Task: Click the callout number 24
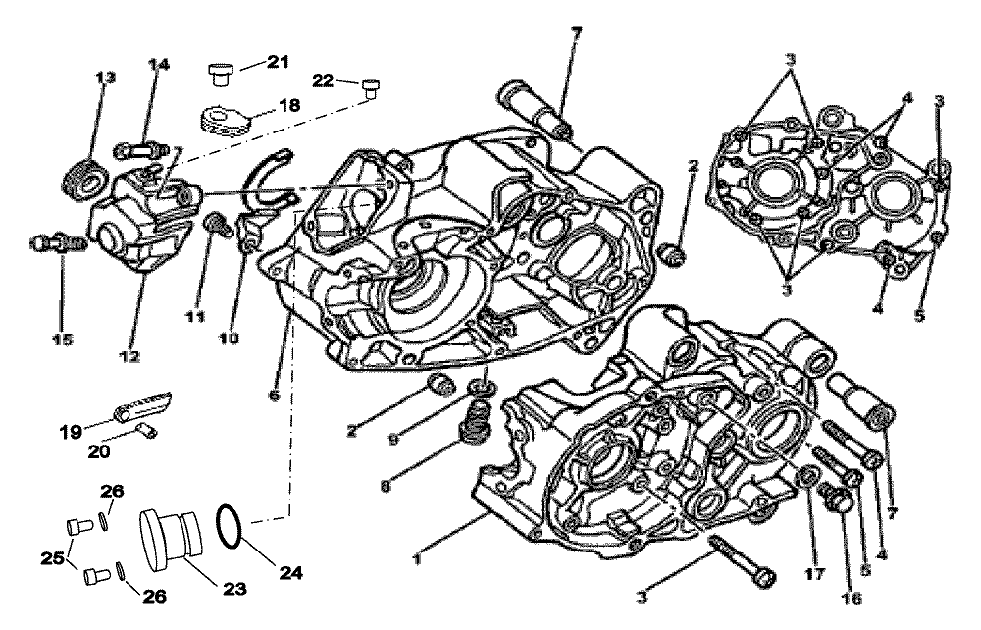tap(290, 572)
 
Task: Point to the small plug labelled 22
tap(371, 88)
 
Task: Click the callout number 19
tap(72, 431)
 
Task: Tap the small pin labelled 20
tap(146, 430)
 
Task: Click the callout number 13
tap(106, 78)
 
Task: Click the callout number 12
tap(130, 356)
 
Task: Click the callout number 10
tap(229, 339)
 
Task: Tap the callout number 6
tap(275, 395)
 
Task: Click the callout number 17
tap(815, 573)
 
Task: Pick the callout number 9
tap(392, 440)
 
